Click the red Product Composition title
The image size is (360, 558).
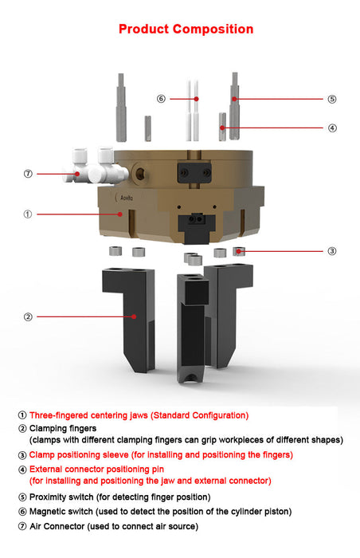tap(186, 29)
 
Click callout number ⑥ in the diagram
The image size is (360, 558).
tap(161, 99)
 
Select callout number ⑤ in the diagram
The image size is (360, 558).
tap(331, 100)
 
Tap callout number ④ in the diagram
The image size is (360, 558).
tap(331, 128)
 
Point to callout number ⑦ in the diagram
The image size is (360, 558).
tap(28, 173)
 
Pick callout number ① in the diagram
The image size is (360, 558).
tap(28, 214)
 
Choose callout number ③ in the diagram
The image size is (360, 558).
tap(331, 250)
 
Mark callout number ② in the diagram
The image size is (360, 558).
tap(28, 316)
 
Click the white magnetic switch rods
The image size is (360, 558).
tap(193, 108)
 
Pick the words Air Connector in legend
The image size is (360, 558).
tap(58, 526)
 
